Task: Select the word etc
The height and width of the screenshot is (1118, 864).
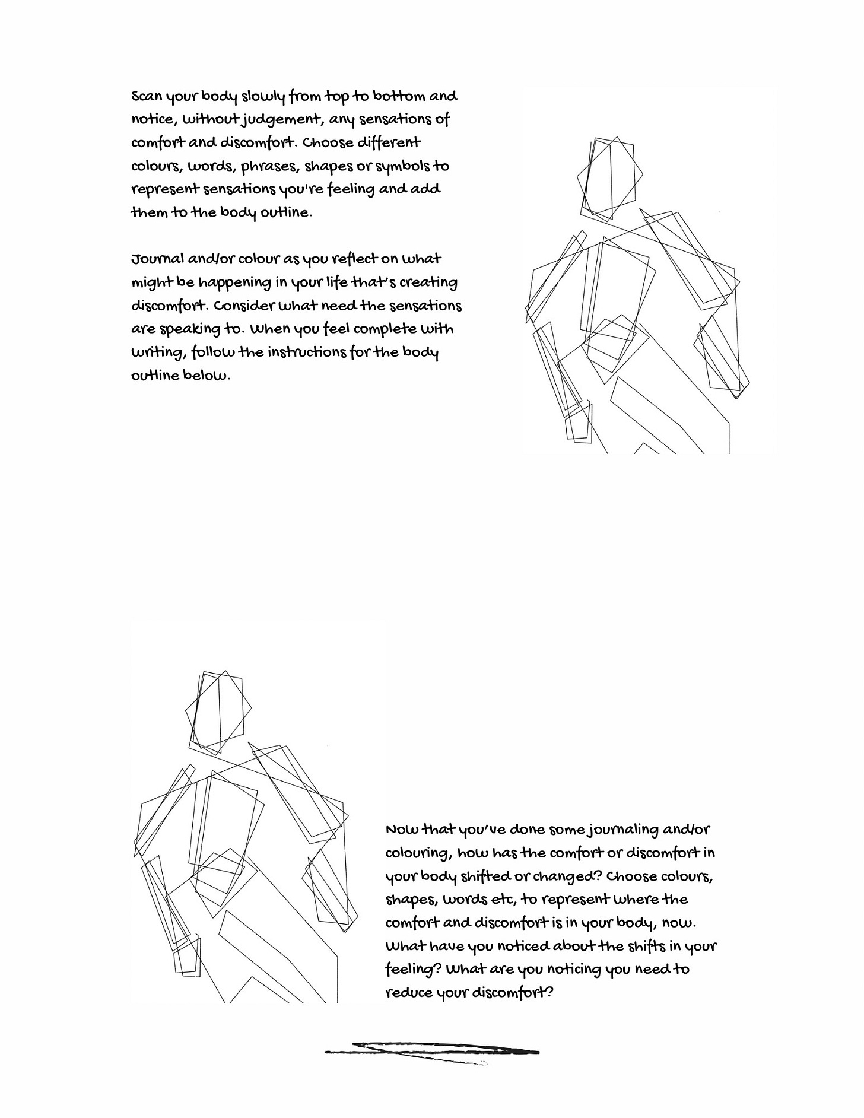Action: [x=504, y=900]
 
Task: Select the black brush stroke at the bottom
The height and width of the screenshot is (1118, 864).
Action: [x=432, y=1051]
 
